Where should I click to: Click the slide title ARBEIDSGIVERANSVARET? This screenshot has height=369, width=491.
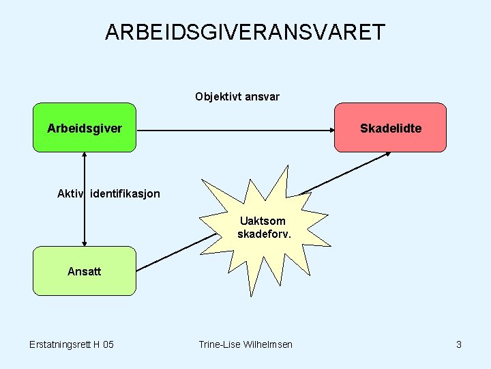point(245,32)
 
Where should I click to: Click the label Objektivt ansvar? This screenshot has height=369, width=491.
point(237,96)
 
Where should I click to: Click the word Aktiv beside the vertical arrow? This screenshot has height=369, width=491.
point(69,193)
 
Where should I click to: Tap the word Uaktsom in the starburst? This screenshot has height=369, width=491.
point(263,221)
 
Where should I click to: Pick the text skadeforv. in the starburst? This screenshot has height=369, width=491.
point(264,234)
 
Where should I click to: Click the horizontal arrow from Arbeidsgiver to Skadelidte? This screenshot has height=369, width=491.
point(235,129)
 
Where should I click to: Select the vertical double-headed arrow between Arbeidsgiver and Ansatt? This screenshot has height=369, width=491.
point(85,205)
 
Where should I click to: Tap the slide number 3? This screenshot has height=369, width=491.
point(459,344)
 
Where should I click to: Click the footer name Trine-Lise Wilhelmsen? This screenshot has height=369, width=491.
point(245,344)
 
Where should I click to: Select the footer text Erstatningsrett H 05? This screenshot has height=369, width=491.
point(72,344)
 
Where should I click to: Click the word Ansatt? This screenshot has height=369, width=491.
point(84,271)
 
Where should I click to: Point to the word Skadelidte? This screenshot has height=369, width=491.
point(391,128)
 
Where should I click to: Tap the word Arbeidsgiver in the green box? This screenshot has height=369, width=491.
point(85,128)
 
